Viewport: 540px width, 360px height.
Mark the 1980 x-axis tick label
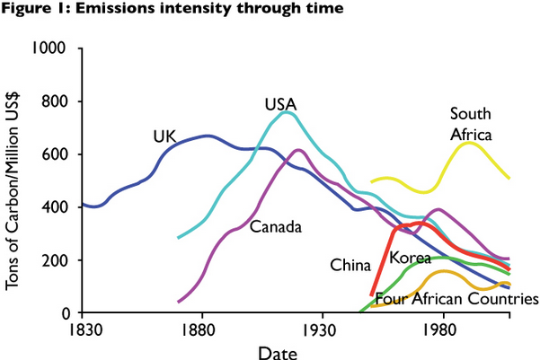440,329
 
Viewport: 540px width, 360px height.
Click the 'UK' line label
164,136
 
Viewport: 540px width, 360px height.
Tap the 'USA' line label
280,103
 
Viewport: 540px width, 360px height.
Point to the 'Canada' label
274,224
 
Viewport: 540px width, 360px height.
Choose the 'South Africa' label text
474,125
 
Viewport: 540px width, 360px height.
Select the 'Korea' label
410,259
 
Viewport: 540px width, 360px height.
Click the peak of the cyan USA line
286,112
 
